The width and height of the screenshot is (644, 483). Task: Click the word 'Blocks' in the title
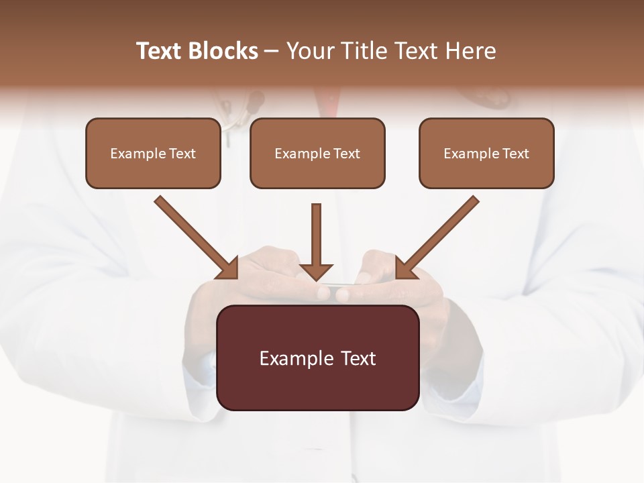coord(223,51)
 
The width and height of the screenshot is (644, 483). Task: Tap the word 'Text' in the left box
coord(182,154)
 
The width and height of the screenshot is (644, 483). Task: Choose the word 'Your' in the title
coord(309,51)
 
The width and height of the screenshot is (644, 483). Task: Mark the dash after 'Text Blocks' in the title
coord(272,51)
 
